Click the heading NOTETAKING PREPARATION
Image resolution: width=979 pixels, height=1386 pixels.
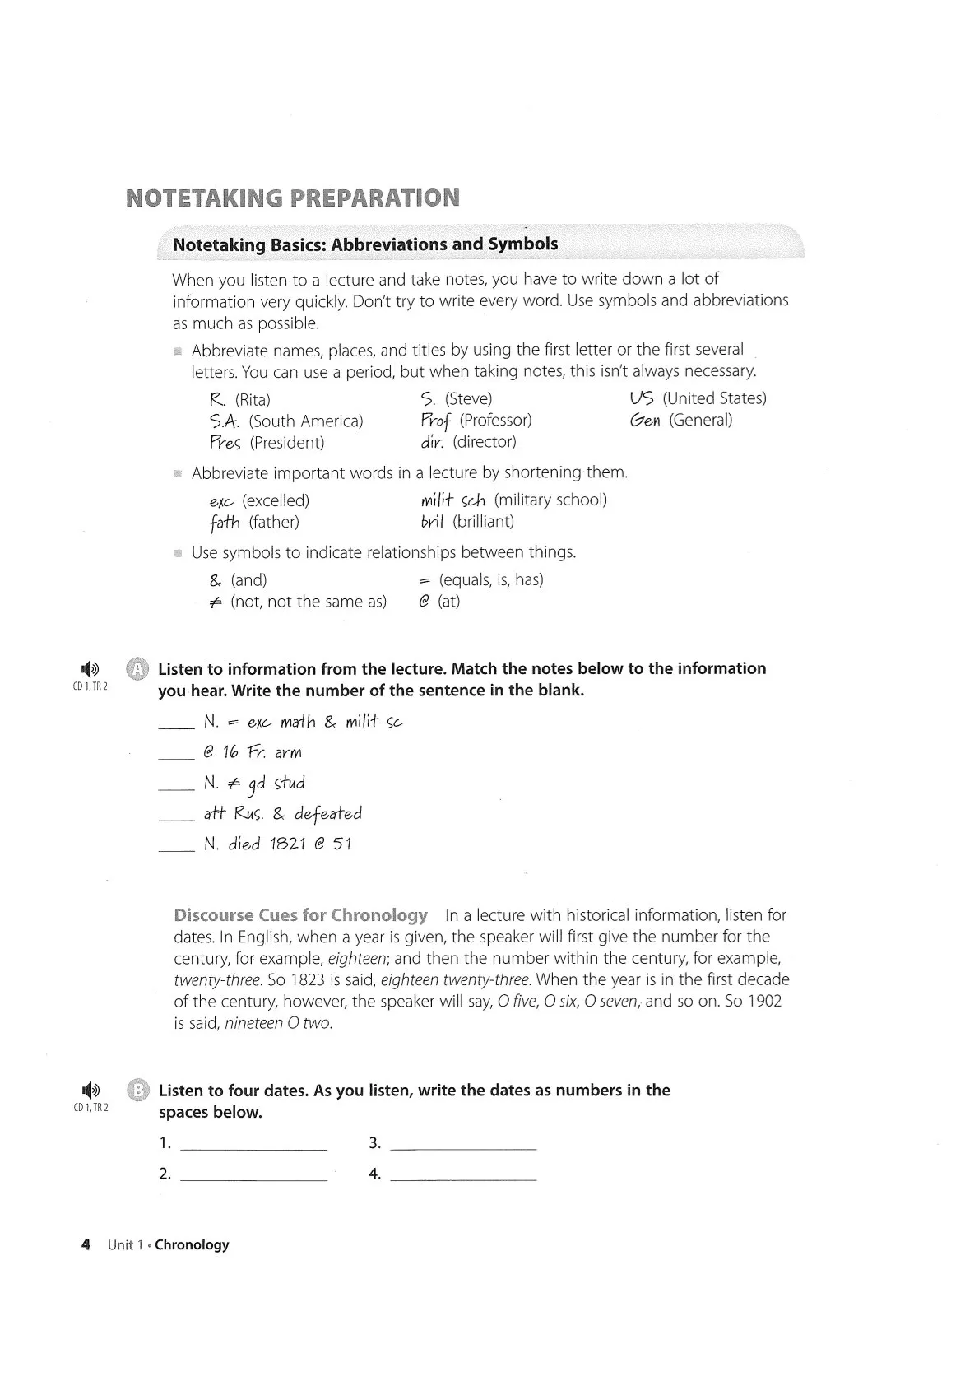pos(293,198)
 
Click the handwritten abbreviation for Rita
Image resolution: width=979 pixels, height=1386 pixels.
pos(218,400)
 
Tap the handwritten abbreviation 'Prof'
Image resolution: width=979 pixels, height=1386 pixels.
pos(436,421)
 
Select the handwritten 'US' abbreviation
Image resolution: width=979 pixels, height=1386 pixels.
pos(642,398)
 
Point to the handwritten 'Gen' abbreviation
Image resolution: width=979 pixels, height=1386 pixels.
pos(646,421)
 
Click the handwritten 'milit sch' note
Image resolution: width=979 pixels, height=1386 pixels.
pos(453,500)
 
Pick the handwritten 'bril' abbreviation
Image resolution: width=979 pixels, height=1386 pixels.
pos(433,522)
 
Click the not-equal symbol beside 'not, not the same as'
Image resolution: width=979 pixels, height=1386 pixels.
pos(216,602)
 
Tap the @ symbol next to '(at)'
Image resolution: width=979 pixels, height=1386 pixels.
pos(425,602)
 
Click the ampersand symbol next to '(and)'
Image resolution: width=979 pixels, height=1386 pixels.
pos(216,580)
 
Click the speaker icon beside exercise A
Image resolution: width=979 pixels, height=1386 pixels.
pos(90,668)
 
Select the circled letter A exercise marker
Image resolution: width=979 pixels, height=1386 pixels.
pos(137,668)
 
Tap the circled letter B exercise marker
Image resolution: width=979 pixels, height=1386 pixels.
pos(138,1091)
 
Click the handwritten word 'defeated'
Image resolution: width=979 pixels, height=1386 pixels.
pos(327,814)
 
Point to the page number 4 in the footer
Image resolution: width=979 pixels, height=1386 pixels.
pos(86,1244)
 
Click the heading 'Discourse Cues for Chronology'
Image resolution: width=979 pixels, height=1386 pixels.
pos(300,915)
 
